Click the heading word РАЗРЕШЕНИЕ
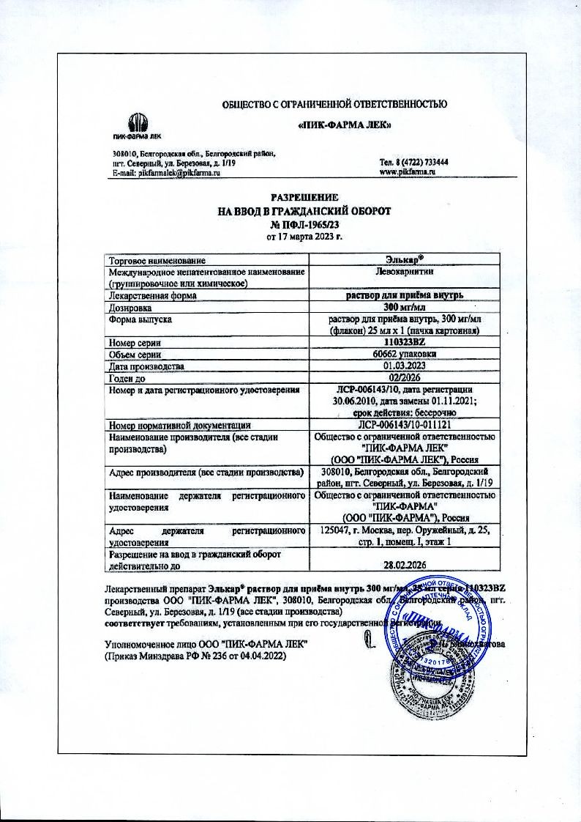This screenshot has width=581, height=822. pos(304,198)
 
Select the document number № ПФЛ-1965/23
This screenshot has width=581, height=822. pos(304,224)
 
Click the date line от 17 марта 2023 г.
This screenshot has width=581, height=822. pos(304,237)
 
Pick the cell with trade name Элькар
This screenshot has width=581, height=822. pos(405,260)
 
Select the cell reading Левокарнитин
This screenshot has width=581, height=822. pos(405,272)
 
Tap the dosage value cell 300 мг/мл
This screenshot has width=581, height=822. pos(405,308)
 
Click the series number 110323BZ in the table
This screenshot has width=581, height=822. pos(405,342)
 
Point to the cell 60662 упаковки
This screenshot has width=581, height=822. pos(405,354)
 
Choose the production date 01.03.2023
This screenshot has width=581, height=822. pos(405,366)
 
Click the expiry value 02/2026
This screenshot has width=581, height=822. pos(405,377)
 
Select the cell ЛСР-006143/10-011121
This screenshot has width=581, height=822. pos(405,425)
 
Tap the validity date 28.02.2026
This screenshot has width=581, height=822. pos(405,564)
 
